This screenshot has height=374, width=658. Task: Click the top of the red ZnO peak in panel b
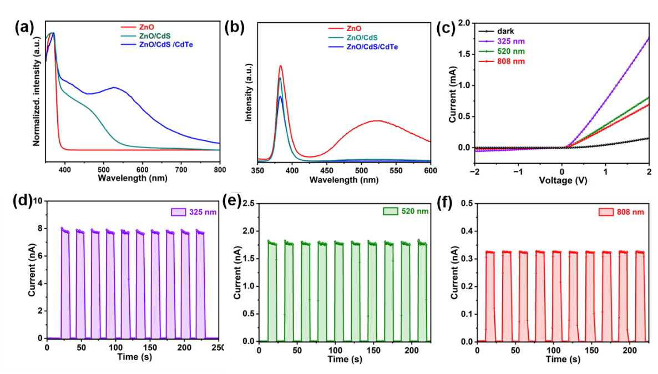point(281,66)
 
